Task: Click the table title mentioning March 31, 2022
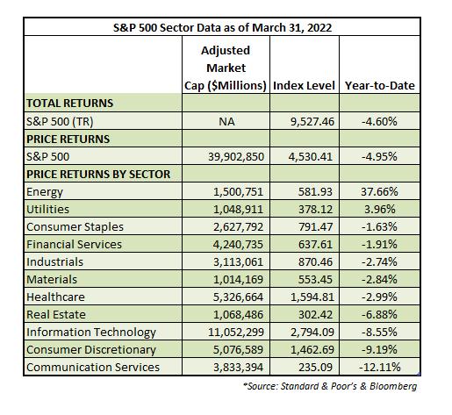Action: pyautogui.click(x=222, y=28)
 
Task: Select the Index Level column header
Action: pyautogui.click(x=304, y=86)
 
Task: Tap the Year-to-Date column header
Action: pyautogui.click(x=380, y=86)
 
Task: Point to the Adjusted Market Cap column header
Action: pyautogui.click(x=226, y=68)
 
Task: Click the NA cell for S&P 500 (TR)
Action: pyautogui.click(x=226, y=121)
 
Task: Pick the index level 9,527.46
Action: pyautogui.click(x=312, y=121)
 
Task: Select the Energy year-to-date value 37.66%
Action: pyautogui.click(x=379, y=192)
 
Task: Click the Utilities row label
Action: pyautogui.click(x=47, y=210)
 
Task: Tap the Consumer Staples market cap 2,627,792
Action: pyautogui.click(x=238, y=227)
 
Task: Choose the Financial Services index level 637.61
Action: pyautogui.click(x=315, y=245)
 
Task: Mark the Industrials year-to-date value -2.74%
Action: pyautogui.click(x=379, y=262)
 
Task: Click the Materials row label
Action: pyautogui.click(x=52, y=280)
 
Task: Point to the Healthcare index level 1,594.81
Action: pyautogui.click(x=312, y=297)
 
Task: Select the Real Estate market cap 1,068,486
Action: pyautogui.click(x=238, y=315)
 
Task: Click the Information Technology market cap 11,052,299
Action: pyautogui.click(x=236, y=333)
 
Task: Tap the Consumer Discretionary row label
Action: pyautogui.click(x=91, y=350)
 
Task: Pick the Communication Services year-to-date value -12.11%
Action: pyautogui.click(x=379, y=368)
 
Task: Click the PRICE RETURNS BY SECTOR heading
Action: pyautogui.click(x=98, y=175)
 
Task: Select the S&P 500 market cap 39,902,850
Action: pyautogui.click(x=236, y=157)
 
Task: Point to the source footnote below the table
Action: pyautogui.click(x=330, y=386)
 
